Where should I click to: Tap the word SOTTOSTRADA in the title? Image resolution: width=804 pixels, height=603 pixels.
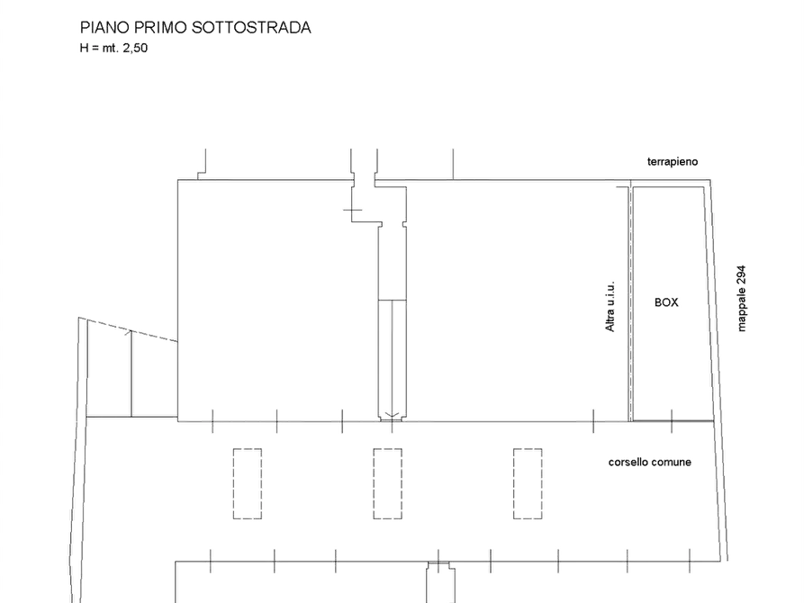pyautogui.click(x=252, y=27)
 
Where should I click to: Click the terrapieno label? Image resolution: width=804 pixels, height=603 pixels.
pyautogui.click(x=673, y=161)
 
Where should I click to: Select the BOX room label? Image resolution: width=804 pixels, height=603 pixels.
pyautogui.click(x=666, y=302)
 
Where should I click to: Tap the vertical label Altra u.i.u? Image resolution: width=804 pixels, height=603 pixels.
pyautogui.click(x=610, y=307)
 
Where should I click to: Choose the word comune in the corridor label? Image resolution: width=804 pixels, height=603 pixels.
pyautogui.click(x=671, y=462)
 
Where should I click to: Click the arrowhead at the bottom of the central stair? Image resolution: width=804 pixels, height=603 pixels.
pyautogui.click(x=393, y=416)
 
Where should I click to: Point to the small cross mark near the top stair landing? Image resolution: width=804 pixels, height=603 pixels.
pyautogui.click(x=352, y=210)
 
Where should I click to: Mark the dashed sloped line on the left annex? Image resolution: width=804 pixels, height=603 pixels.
pyautogui.click(x=128, y=329)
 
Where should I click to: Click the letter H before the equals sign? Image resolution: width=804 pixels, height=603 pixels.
pyautogui.click(x=84, y=48)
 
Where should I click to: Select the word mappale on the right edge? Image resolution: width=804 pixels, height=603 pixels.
pyautogui.click(x=742, y=310)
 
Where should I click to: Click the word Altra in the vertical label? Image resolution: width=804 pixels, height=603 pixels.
pyautogui.click(x=610, y=319)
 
